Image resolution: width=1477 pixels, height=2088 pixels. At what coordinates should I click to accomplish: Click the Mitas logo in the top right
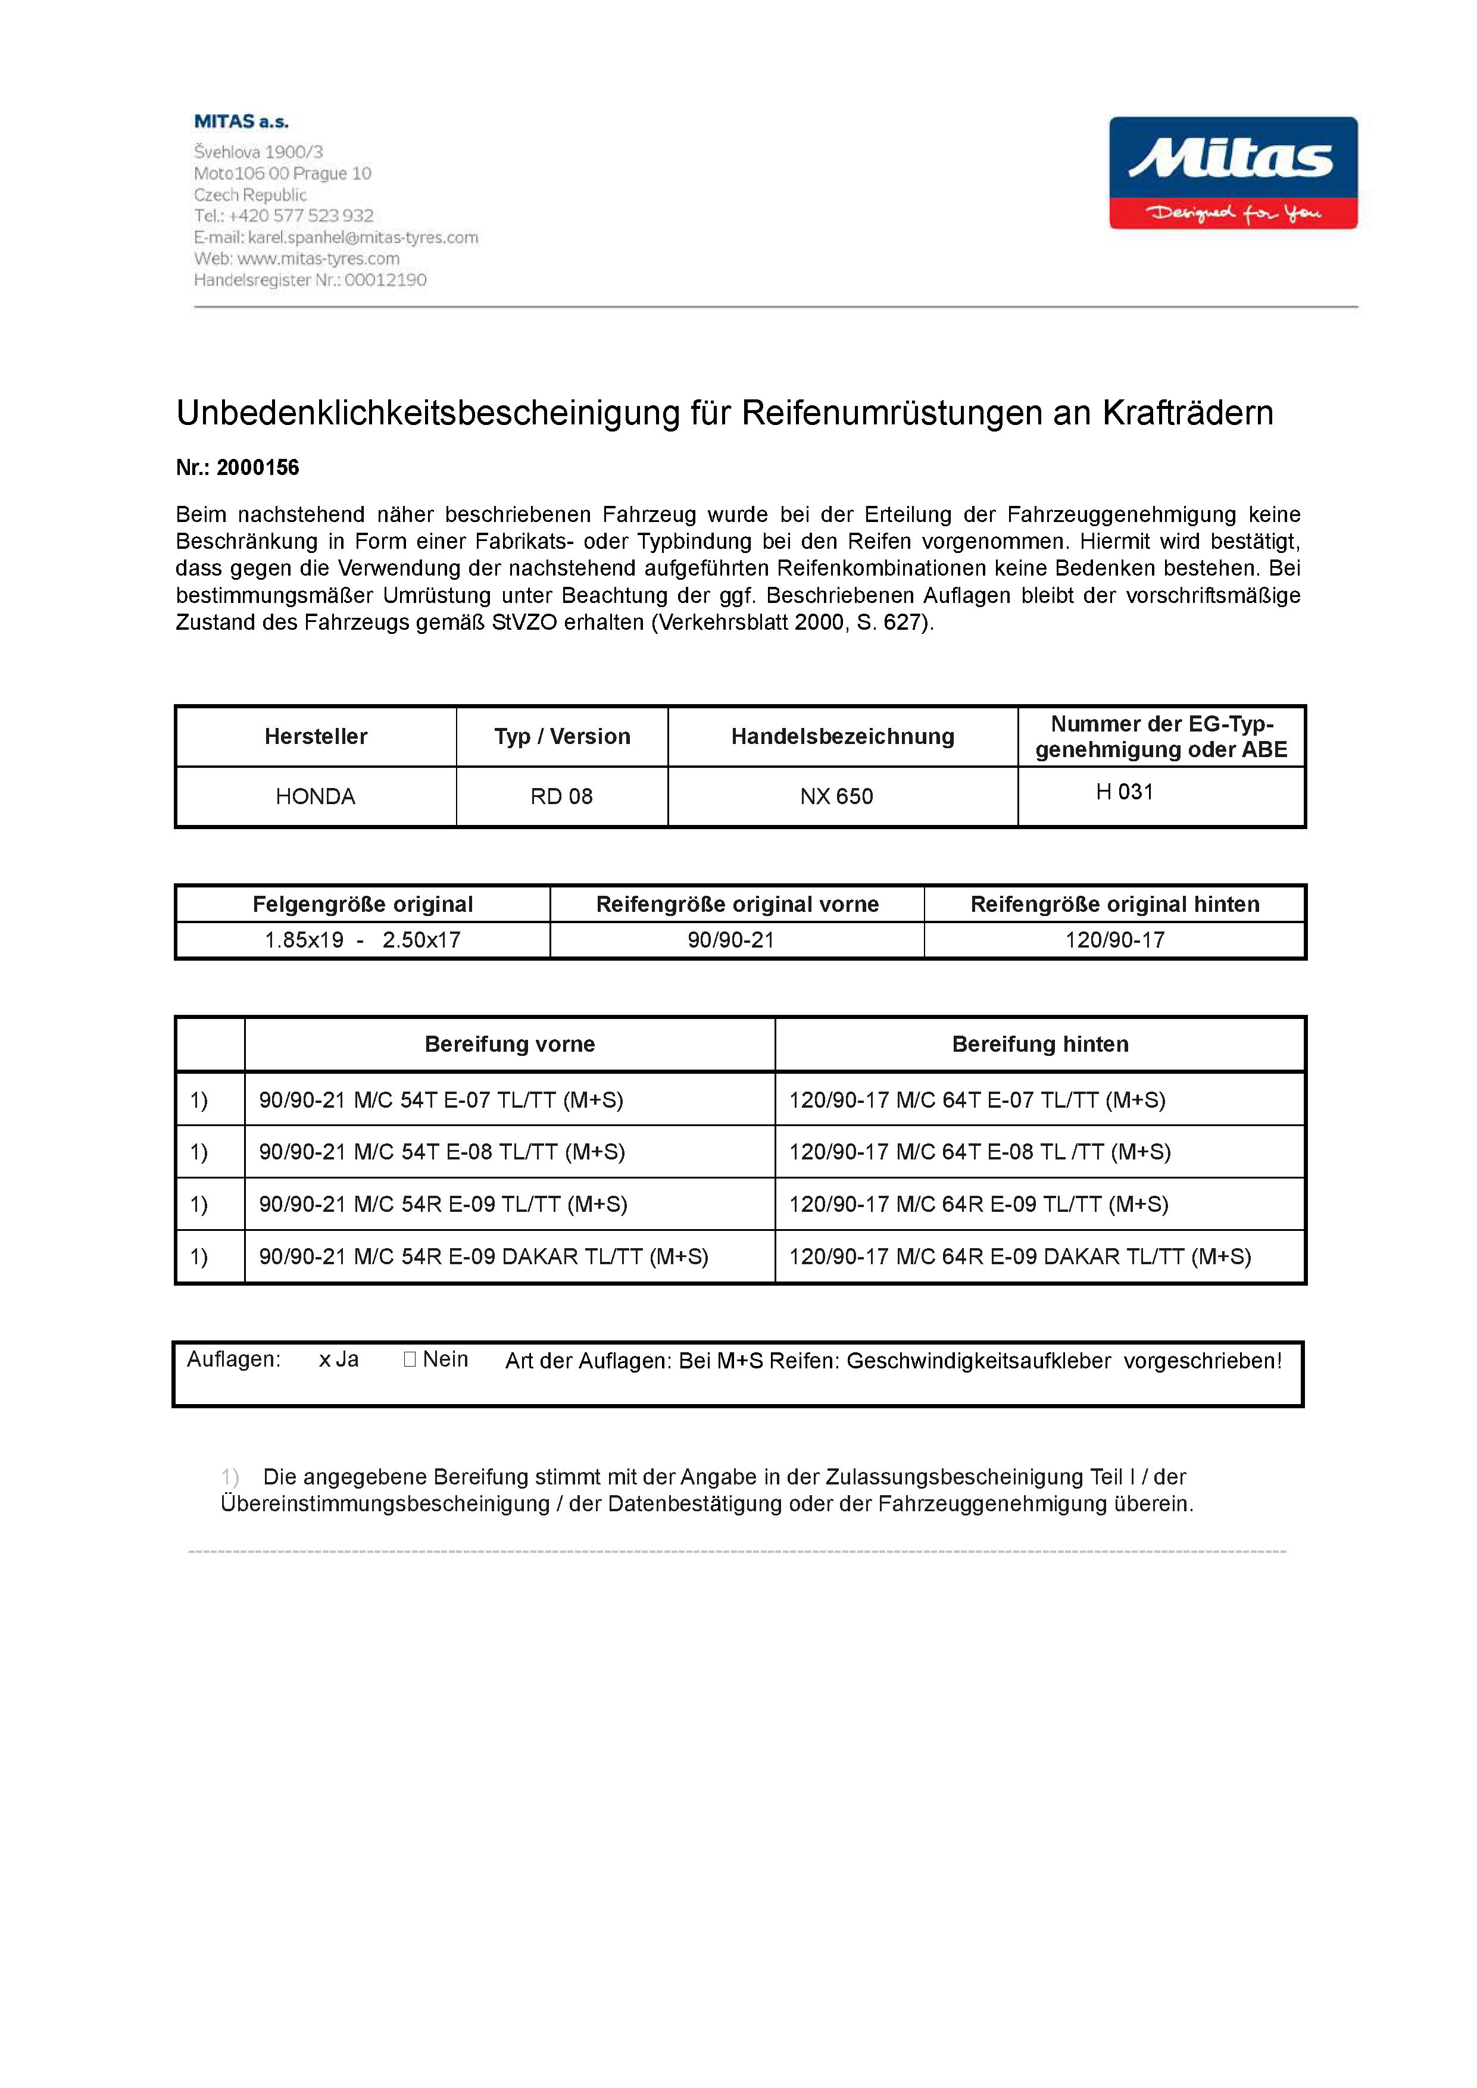click(1232, 173)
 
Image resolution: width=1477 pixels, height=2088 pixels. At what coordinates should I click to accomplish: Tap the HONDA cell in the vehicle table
click(316, 796)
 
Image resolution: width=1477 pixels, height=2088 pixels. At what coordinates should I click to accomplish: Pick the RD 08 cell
click(561, 796)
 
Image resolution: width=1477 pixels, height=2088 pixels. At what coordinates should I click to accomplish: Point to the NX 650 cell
click(836, 796)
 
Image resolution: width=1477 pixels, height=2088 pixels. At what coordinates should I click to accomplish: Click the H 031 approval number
click(1124, 792)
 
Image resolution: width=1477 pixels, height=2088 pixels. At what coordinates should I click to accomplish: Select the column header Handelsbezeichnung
click(842, 737)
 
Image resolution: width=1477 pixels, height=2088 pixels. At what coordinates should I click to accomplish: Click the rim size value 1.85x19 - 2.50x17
click(362, 940)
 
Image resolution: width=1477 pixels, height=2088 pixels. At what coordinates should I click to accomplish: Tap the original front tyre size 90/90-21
click(731, 940)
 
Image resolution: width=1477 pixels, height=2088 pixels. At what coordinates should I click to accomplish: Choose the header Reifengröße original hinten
click(1115, 904)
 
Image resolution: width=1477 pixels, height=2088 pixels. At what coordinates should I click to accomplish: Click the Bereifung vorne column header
click(510, 1044)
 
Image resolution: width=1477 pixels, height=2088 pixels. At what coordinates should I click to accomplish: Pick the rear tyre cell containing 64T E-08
click(979, 1152)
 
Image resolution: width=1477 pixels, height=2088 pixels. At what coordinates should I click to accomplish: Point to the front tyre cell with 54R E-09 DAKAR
click(483, 1257)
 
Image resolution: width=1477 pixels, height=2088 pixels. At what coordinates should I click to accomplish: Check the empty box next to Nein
click(409, 1359)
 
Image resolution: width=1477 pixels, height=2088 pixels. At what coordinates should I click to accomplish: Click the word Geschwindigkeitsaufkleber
click(979, 1361)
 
